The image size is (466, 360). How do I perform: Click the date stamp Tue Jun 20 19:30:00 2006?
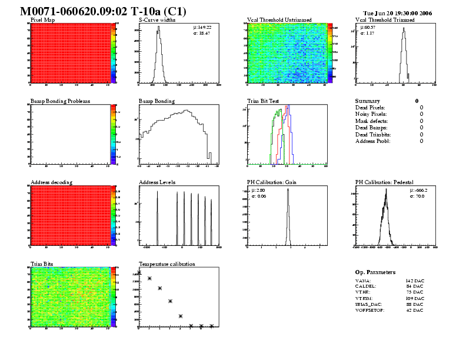point(398,12)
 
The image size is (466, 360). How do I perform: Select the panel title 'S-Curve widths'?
point(156,20)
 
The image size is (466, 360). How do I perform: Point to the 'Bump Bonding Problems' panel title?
point(60,101)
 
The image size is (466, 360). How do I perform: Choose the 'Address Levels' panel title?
point(157,182)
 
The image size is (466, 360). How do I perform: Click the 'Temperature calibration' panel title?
point(167,264)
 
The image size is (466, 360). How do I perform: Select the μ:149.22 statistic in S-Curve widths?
point(202,28)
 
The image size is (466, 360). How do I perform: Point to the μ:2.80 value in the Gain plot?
point(258,190)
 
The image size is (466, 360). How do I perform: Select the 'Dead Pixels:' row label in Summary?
point(370,108)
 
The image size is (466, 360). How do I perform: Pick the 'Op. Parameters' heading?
point(375,272)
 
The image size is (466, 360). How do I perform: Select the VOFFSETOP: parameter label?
point(370,310)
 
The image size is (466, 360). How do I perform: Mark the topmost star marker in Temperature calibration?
point(139,272)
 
